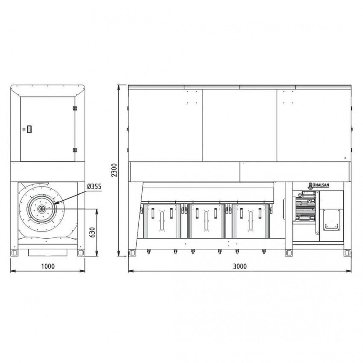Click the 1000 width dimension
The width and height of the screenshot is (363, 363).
pyautogui.click(x=48, y=266)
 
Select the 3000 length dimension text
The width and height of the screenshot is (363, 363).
pyautogui.click(x=240, y=266)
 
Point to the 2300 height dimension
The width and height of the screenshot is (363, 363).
pyautogui.click(x=114, y=170)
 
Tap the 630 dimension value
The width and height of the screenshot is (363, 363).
pyautogui.click(x=92, y=232)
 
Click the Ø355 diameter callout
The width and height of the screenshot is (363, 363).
pyautogui.click(x=94, y=186)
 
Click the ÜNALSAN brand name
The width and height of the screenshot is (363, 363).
pyautogui.click(x=321, y=185)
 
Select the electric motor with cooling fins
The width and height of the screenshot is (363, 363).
pyautogui.click(x=305, y=206)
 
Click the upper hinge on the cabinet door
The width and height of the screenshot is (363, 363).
pyautogui.click(x=75, y=108)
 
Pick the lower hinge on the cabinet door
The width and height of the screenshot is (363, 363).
pyautogui.click(x=75, y=150)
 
